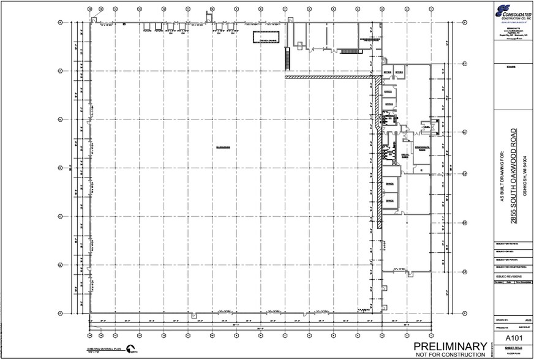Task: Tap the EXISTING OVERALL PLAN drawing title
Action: pyautogui.click(x=105, y=348)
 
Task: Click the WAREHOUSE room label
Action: pyautogui.click(x=222, y=148)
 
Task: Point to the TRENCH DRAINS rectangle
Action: pyautogui.click(x=267, y=37)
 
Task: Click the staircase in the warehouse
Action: pyautogui.click(x=285, y=59)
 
